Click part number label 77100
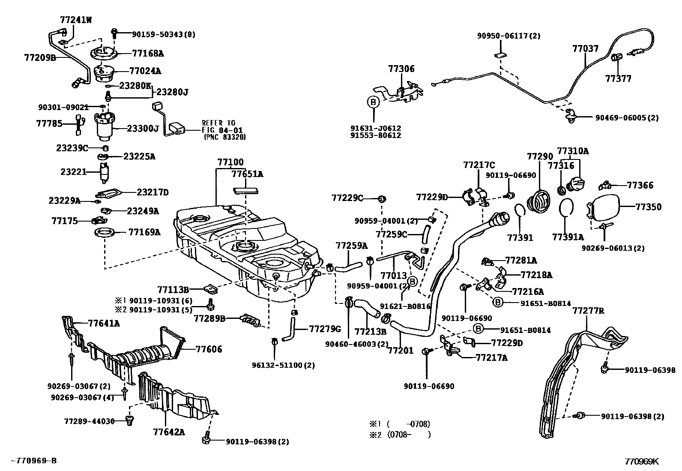tap(230, 162)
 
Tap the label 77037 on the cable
tap(585, 49)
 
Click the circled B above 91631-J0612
tap(373, 102)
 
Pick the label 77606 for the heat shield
tap(209, 349)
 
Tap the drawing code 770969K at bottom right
tap(641, 462)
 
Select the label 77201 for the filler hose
tap(401, 351)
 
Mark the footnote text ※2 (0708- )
tap(400, 435)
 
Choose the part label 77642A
tap(169, 432)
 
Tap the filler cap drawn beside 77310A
tap(575, 184)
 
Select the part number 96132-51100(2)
tap(284, 365)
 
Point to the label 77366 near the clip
tap(640, 185)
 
